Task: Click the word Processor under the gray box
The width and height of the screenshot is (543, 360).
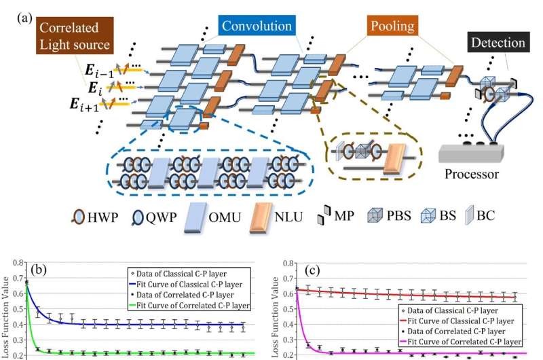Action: (472, 174)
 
